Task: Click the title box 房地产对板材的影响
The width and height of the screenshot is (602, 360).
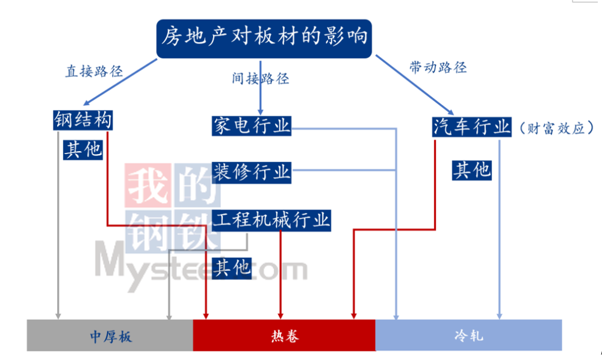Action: coord(264,39)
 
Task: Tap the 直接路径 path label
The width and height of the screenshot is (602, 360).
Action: coord(94,72)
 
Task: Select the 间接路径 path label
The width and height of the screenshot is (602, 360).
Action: coord(260,79)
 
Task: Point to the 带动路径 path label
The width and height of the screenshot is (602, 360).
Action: coord(438,67)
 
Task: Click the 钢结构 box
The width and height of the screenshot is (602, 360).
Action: coord(83,120)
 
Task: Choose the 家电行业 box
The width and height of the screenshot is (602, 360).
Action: coord(252,126)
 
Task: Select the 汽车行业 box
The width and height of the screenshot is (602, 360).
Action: coord(472,126)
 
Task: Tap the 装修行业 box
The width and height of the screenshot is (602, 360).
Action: coord(252,172)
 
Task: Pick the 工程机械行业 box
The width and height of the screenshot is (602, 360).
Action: coord(272,220)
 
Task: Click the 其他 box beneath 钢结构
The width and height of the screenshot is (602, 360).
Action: coord(83,150)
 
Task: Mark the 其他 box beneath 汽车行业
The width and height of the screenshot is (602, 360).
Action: coord(472,170)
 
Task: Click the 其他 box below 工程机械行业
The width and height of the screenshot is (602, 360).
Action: coord(232,268)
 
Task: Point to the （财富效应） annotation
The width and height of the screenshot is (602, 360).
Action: coord(557,128)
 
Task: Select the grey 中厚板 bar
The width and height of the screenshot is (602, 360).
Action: coord(110,335)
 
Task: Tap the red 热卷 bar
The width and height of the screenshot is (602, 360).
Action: coord(284,335)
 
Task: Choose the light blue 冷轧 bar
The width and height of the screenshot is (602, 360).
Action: coord(469,335)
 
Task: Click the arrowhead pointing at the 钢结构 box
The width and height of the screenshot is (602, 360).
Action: coord(86,102)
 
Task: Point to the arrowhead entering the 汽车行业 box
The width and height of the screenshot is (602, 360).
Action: coord(451,112)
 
